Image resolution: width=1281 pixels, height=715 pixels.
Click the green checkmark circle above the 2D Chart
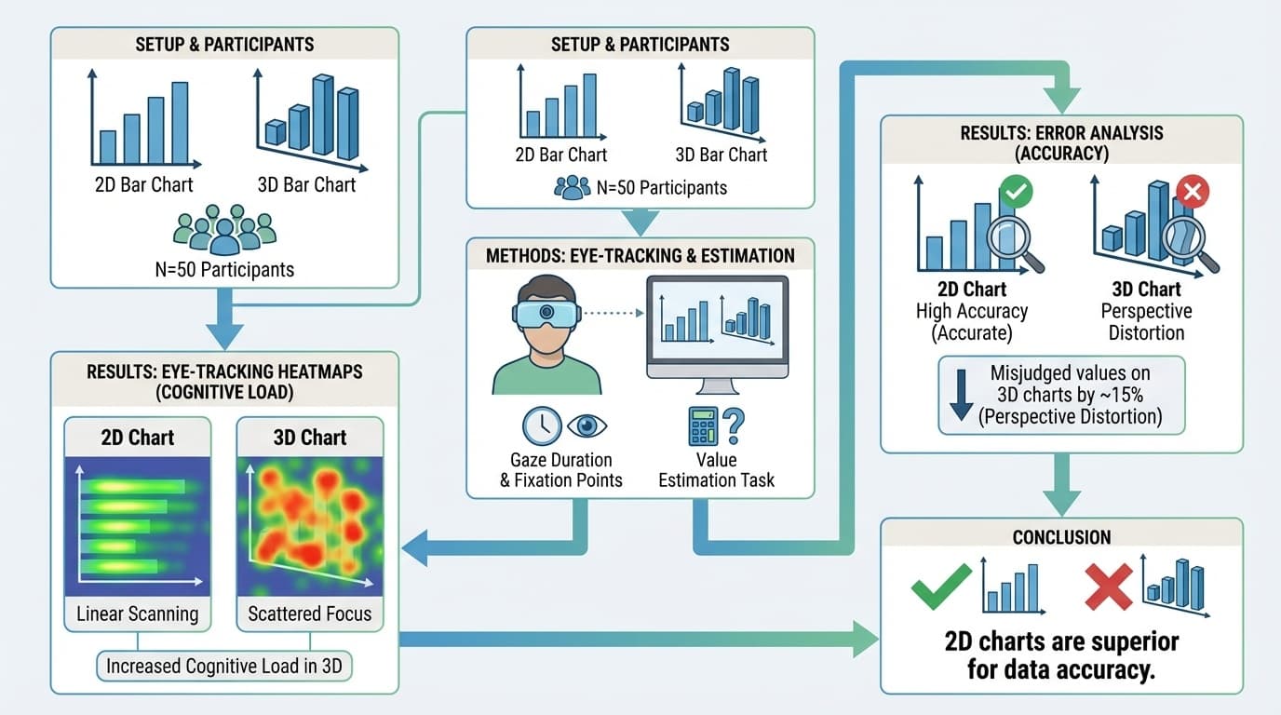[1016, 194]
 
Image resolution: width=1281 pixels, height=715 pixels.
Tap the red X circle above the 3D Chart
[1193, 193]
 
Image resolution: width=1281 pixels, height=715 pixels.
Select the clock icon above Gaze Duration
[541, 426]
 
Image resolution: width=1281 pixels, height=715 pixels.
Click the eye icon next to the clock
[587, 425]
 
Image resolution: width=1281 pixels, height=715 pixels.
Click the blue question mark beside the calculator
[735, 426]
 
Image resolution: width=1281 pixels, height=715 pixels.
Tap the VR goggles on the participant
[546, 312]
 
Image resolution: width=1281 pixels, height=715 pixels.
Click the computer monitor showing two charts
[717, 321]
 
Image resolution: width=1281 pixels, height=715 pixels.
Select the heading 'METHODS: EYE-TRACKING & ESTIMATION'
[640, 255]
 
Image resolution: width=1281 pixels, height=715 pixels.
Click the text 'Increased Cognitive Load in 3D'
[223, 666]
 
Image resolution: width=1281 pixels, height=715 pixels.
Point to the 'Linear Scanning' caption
[138, 614]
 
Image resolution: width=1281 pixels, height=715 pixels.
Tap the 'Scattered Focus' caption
[310, 614]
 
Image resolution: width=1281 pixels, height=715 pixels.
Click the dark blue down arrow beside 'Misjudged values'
[962, 396]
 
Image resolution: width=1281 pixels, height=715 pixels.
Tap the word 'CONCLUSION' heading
[1060, 537]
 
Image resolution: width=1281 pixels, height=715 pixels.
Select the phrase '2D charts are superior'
[1061, 641]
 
